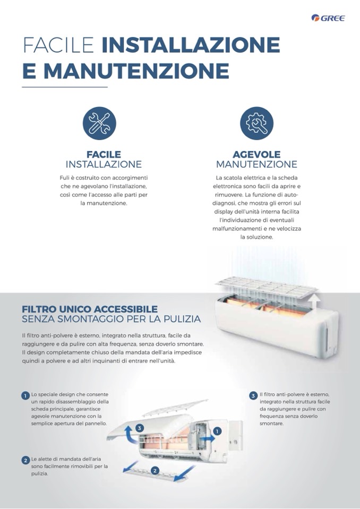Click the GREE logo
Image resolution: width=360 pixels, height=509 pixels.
pyautogui.click(x=328, y=18)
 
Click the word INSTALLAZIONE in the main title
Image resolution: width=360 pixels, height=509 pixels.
pyautogui.click(x=191, y=45)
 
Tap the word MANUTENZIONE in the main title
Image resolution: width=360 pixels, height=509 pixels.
pyautogui.click(x=136, y=71)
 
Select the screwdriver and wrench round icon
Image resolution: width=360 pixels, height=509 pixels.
pyautogui.click(x=99, y=123)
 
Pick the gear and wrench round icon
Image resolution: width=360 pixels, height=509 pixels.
pyautogui.click(x=257, y=123)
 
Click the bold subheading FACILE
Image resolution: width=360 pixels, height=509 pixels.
pyautogui.click(x=104, y=154)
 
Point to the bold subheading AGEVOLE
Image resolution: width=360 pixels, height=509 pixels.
pyautogui.click(x=256, y=154)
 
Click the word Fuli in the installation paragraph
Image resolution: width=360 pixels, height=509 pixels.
pyautogui.click(x=64, y=178)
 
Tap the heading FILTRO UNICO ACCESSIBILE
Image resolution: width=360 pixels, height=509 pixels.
pyautogui.click(x=90, y=309)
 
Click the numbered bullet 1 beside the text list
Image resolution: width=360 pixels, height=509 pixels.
pyautogui.click(x=25, y=396)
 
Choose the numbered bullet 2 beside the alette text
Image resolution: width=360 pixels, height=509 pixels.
pyautogui.click(x=25, y=460)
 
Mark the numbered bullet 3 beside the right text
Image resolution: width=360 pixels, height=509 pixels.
pyautogui.click(x=253, y=396)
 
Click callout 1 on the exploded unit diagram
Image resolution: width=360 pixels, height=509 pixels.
pyautogui.click(x=217, y=431)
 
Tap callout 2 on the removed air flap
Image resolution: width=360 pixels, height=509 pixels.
pyautogui.click(x=155, y=470)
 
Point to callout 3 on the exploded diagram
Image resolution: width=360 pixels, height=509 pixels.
pyautogui.click(x=140, y=428)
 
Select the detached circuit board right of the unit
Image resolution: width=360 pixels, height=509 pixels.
pyautogui.click(x=235, y=435)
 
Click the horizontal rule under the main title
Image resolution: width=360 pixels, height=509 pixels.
pyautogui.click(x=65, y=87)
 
